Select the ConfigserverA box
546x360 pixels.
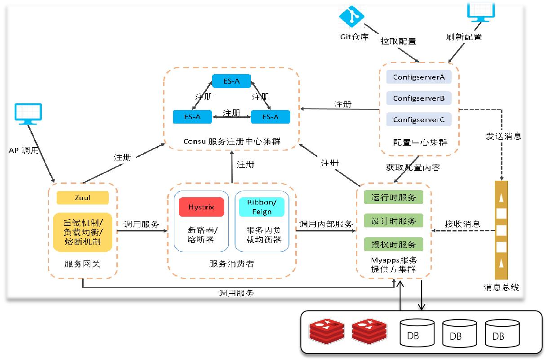tap(418, 77)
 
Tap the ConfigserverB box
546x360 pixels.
tap(418, 98)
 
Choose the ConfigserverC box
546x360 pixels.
tap(418, 120)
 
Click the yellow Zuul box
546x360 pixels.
tap(83, 198)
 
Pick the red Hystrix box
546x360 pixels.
tap(201, 207)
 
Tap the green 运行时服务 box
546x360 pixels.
tap(394, 197)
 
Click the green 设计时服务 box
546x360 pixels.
tap(394, 221)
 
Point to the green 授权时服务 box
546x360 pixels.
tap(394, 244)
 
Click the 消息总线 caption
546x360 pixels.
tap(501, 288)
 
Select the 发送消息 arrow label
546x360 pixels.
tap(503, 136)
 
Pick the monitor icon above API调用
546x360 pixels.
tap(28, 114)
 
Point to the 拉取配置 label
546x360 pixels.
tap(398, 41)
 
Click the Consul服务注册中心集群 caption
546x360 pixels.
tap(231, 141)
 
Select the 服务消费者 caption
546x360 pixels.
tap(231, 264)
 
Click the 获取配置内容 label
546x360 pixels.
tap(413, 168)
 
